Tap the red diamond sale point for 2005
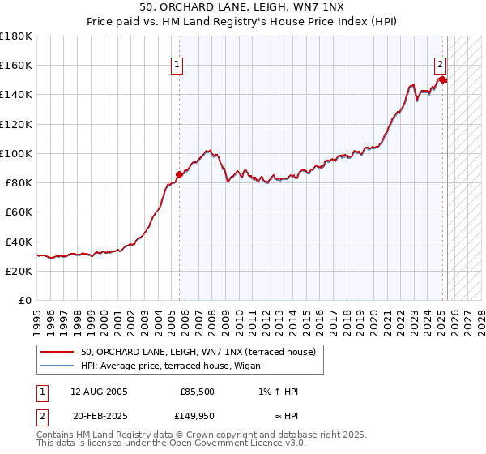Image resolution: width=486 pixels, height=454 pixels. coord(179,173)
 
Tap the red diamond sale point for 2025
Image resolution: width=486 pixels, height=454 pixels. coord(442,79)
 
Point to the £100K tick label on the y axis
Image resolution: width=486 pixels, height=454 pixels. coord(16,153)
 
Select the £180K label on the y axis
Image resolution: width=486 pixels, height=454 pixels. coord(16,36)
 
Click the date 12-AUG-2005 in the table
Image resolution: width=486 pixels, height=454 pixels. coord(99,391)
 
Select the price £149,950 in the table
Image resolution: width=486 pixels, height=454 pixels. coord(196,416)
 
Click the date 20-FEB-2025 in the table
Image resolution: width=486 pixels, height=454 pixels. coord(99,416)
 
